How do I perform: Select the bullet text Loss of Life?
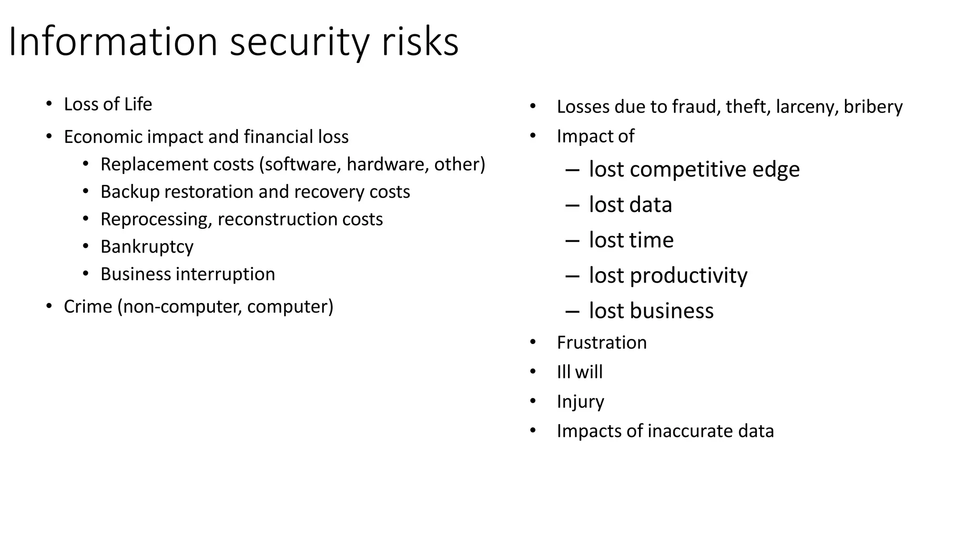(108, 104)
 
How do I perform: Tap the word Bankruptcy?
(147, 247)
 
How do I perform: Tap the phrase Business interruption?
(187, 274)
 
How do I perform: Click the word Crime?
(88, 306)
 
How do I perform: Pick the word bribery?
(873, 107)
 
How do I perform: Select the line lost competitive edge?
(694, 169)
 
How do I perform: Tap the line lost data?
(630, 205)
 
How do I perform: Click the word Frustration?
(601, 343)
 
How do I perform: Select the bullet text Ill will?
(579, 372)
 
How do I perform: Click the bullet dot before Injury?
(533, 401)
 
